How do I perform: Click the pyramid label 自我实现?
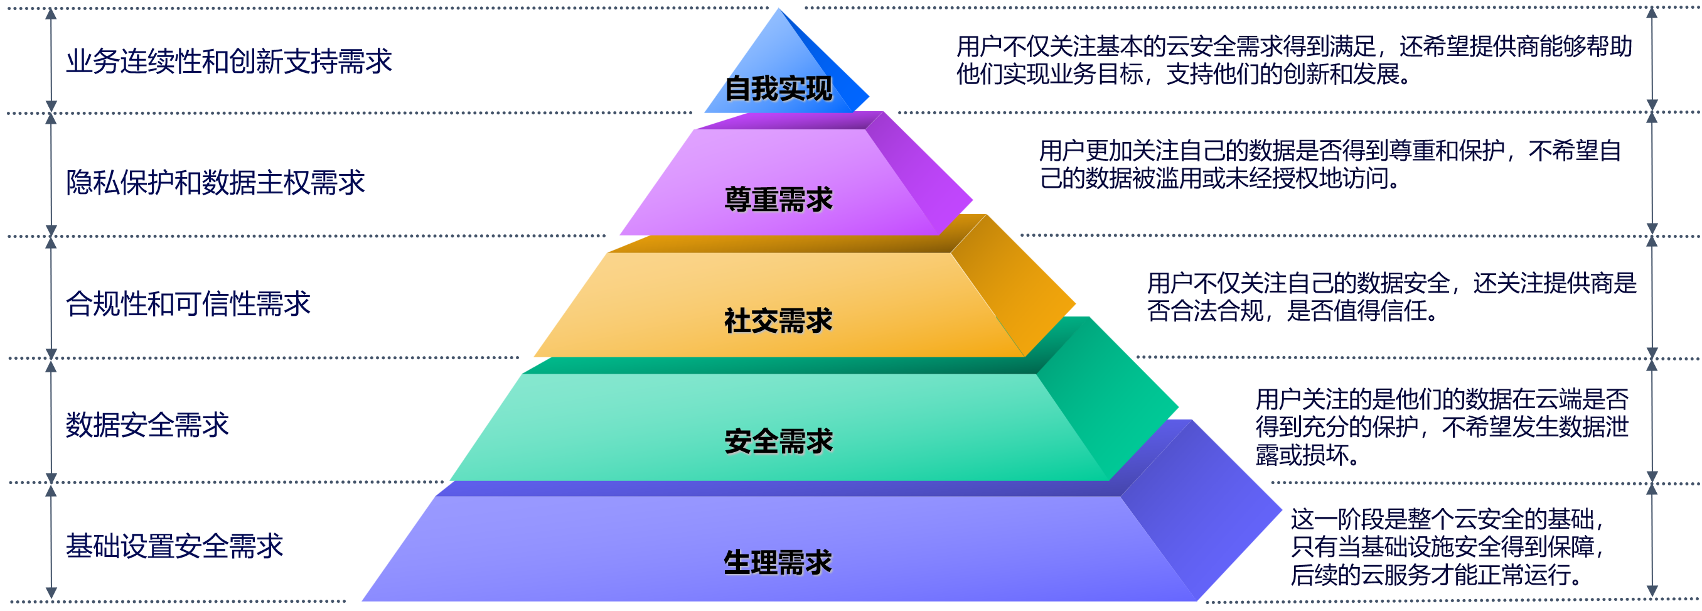[x=778, y=89]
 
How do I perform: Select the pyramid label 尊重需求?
[x=778, y=199]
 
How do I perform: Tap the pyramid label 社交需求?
[x=778, y=321]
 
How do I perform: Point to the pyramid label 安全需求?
[x=778, y=441]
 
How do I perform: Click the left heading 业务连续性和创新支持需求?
[x=228, y=62]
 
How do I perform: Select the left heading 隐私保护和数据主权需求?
[x=215, y=183]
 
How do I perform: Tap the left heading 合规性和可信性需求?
[x=188, y=304]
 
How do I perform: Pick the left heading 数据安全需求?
[x=147, y=424]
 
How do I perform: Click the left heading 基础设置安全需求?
[x=174, y=546]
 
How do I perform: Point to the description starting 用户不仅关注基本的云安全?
[x=1293, y=60]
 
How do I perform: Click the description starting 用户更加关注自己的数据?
[x=1329, y=165]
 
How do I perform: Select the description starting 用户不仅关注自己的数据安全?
[x=1391, y=297]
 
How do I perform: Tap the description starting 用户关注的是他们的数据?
[x=1442, y=427]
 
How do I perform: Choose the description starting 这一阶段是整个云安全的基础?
[x=1447, y=547]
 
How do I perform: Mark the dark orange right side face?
[x=1014, y=288]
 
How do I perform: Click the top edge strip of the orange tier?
[x=779, y=244]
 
